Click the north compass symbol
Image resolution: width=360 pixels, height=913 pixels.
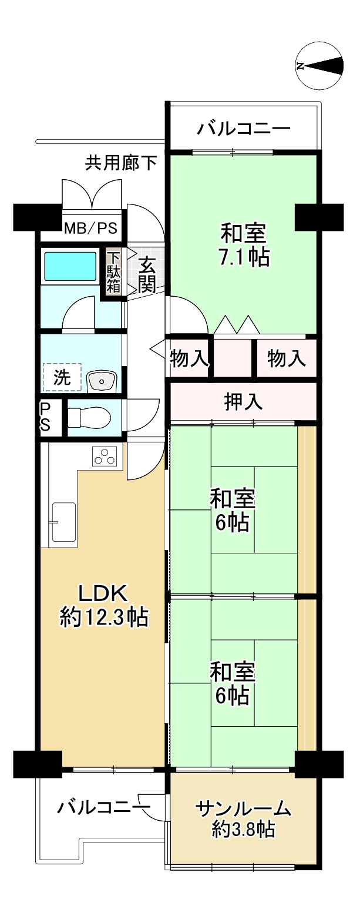[319, 66]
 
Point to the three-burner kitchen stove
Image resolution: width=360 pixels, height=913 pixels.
[105, 456]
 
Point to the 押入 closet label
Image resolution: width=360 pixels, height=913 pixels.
[243, 401]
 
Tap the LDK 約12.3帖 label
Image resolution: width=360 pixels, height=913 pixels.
[104, 606]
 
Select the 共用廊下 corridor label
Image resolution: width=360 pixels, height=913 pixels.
[121, 163]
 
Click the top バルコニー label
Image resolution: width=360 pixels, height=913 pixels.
[244, 129]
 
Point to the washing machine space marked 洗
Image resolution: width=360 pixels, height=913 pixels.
[62, 377]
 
